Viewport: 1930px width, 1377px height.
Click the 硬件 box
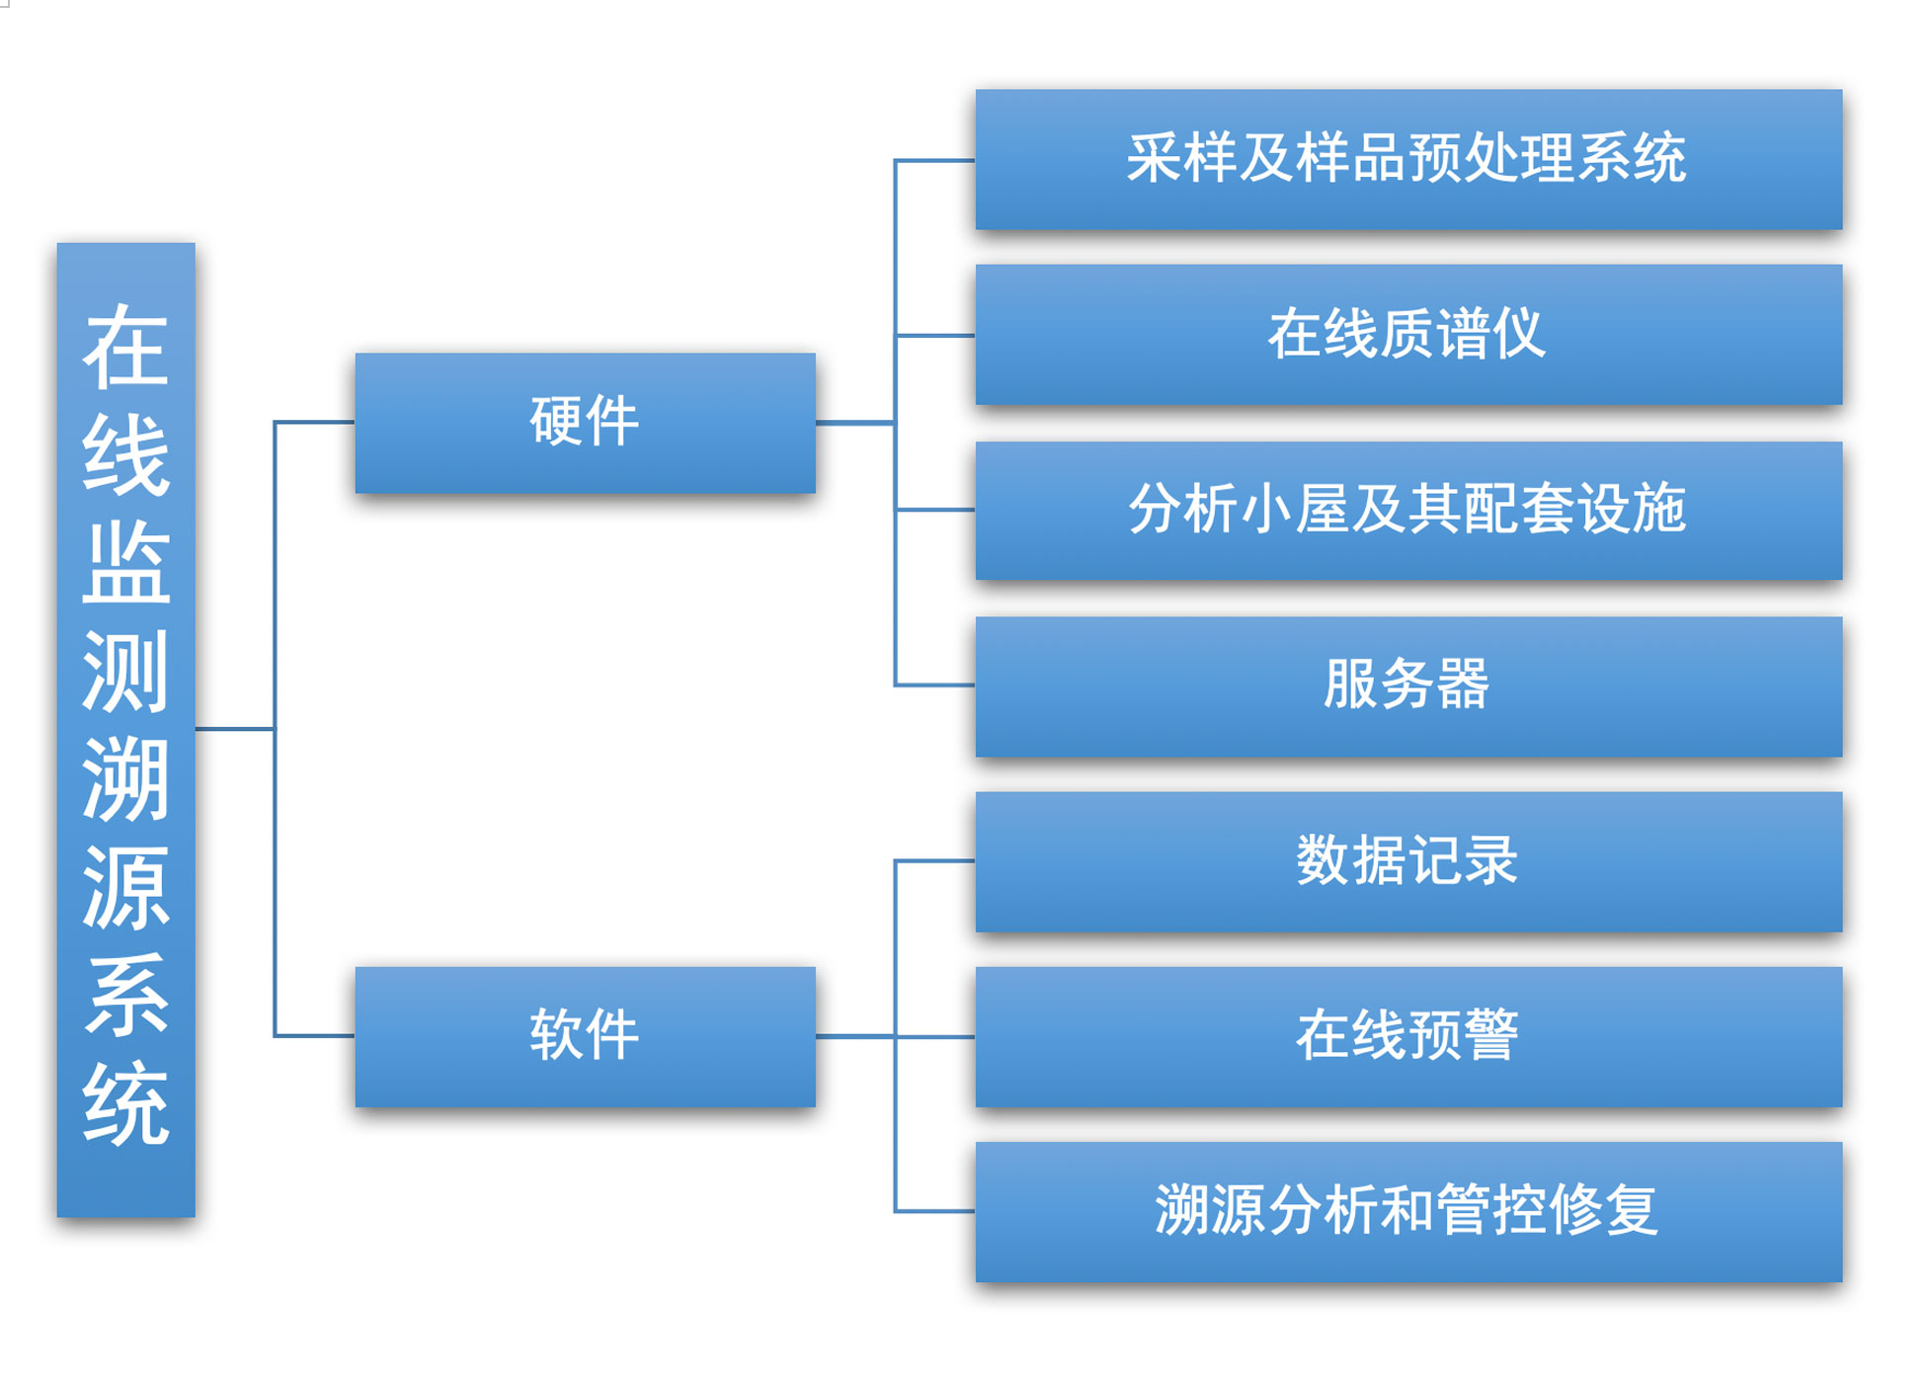(x=585, y=423)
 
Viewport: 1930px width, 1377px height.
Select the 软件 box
(x=585, y=1036)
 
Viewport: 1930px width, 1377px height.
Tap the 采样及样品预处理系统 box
(x=1408, y=159)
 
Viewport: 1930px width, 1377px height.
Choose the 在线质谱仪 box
(x=1408, y=334)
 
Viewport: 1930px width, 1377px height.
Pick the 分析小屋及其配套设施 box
(x=1408, y=510)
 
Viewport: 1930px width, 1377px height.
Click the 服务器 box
(x=1408, y=686)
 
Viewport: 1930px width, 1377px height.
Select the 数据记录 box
(x=1408, y=861)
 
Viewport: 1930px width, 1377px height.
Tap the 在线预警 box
(x=1408, y=1036)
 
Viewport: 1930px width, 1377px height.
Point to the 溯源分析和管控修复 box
(x=1408, y=1212)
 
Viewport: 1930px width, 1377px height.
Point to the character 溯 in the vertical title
(x=126, y=779)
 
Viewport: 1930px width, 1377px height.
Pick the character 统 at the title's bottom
(x=126, y=1103)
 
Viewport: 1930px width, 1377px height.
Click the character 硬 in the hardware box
(x=556, y=421)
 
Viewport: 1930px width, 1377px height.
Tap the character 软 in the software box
(x=556, y=1034)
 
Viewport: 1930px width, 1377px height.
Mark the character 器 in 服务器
(x=1463, y=684)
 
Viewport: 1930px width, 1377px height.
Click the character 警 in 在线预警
(x=1490, y=1034)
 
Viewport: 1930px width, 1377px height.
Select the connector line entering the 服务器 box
(x=934, y=685)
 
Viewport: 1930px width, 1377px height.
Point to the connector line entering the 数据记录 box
(x=934, y=860)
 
